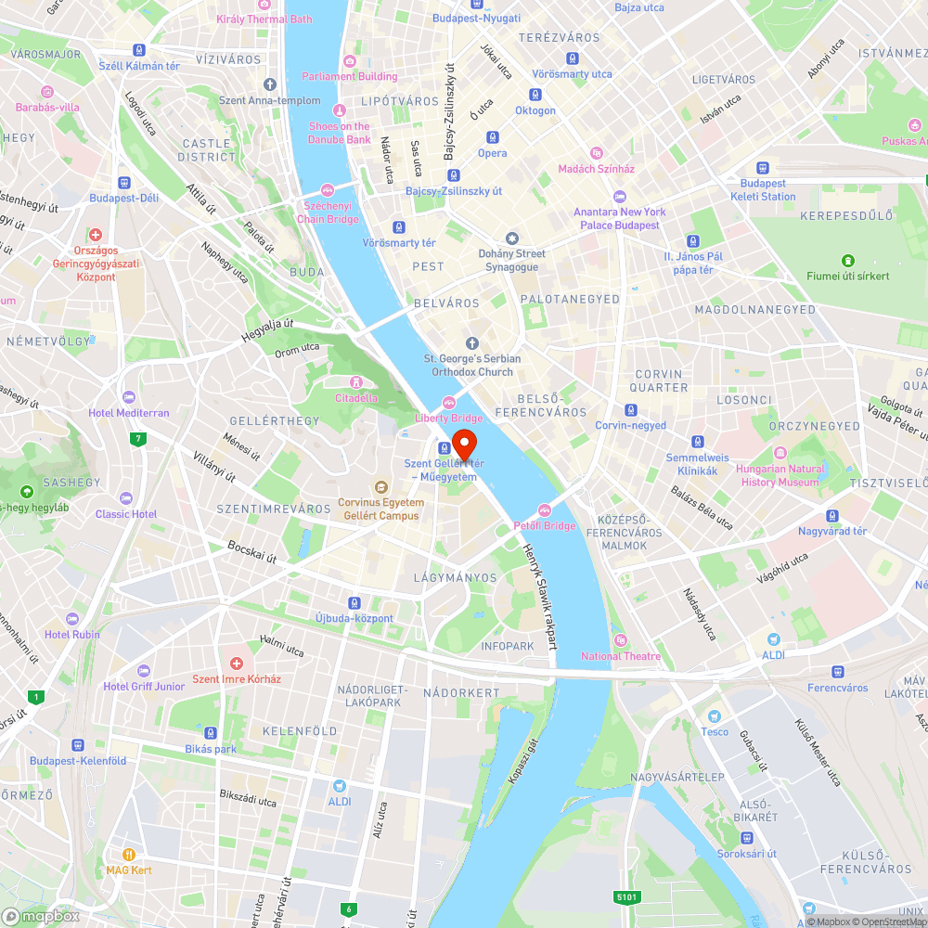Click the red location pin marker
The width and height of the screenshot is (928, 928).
[x=463, y=439]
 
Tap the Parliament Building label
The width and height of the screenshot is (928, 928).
[x=350, y=76]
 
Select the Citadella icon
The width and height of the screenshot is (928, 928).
[x=355, y=382]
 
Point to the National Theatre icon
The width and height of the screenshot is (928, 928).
[x=621, y=640]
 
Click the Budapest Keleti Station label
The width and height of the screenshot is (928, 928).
[x=763, y=190]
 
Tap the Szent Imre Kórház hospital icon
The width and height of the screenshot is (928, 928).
[x=237, y=664]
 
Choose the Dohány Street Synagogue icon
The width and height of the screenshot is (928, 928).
[x=511, y=238]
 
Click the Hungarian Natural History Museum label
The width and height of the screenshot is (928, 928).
[x=780, y=476]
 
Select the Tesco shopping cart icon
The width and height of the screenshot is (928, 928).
[x=714, y=716]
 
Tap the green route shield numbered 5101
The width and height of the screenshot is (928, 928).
[x=627, y=896]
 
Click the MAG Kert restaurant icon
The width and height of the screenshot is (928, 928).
[x=129, y=855]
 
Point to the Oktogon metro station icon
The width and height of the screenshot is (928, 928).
[x=535, y=95]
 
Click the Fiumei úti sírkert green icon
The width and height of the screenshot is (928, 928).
[x=847, y=261]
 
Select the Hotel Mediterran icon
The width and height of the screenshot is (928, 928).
[x=128, y=397]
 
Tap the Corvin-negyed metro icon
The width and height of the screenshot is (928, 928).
[x=631, y=410]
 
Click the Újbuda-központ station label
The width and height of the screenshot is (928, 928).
[x=354, y=618]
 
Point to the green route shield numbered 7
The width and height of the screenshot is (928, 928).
[x=138, y=438]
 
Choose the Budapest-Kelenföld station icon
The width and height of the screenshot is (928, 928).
[x=77, y=744]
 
